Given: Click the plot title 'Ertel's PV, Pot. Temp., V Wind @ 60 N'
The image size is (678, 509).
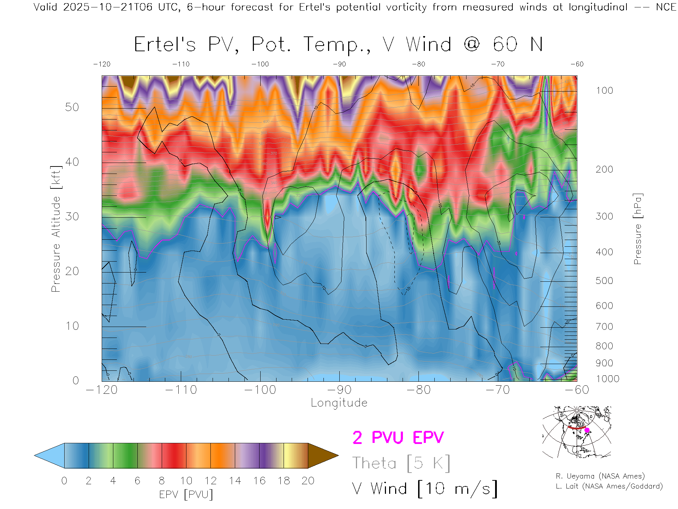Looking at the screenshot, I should (338, 45).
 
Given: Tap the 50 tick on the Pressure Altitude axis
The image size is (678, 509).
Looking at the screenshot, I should (72, 107).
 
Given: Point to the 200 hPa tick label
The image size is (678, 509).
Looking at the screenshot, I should (604, 169).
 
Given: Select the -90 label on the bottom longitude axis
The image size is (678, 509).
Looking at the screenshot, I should (339, 390).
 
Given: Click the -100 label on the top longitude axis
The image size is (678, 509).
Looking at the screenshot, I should (260, 64).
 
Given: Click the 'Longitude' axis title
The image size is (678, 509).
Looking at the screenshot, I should (339, 403).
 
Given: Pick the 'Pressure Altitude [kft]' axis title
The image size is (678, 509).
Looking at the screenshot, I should (56, 229).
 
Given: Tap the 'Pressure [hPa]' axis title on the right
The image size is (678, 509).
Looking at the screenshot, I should (637, 229).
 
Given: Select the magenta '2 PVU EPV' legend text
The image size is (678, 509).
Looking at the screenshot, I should (398, 438).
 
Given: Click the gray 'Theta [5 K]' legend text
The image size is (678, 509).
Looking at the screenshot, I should (401, 463).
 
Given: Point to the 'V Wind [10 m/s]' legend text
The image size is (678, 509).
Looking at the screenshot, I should (425, 488).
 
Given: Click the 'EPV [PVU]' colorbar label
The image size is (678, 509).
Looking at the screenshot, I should (186, 495).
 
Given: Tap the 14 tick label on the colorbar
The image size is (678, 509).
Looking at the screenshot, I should (235, 481).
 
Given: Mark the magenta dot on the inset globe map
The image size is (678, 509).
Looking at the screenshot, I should (587, 430).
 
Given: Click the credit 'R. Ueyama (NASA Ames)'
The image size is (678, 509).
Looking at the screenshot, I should (600, 476).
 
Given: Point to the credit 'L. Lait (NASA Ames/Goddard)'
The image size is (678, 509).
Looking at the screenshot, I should (609, 486).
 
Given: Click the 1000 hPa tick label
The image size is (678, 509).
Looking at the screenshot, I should (607, 379).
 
